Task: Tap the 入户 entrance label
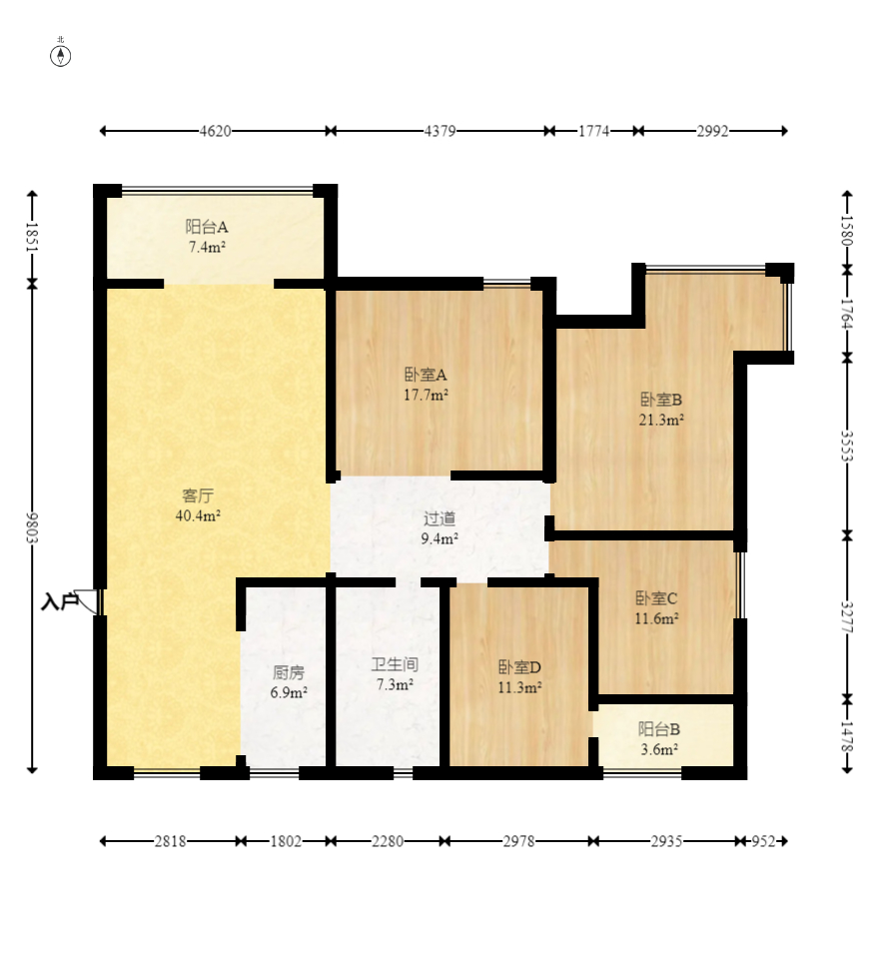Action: pyautogui.click(x=60, y=601)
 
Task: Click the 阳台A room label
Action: pyautogui.click(x=207, y=227)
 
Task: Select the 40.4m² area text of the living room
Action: pyautogui.click(x=198, y=515)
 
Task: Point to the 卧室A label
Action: pyautogui.click(x=426, y=374)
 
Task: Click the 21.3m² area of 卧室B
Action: pyautogui.click(x=661, y=420)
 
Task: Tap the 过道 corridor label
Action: pyautogui.click(x=440, y=518)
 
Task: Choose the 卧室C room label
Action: pyautogui.click(x=656, y=597)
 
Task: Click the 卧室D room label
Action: pyautogui.click(x=519, y=667)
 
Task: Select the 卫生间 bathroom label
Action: pyautogui.click(x=395, y=664)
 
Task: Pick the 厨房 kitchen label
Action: pyautogui.click(x=289, y=672)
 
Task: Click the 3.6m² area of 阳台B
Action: pyautogui.click(x=659, y=749)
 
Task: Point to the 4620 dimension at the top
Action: pyautogui.click(x=215, y=131)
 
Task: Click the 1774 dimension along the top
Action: pyautogui.click(x=593, y=131)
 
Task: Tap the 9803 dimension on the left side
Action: pyautogui.click(x=32, y=527)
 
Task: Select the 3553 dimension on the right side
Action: pyautogui.click(x=847, y=447)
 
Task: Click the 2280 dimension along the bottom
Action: pyautogui.click(x=388, y=841)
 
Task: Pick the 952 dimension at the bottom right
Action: pyautogui.click(x=763, y=841)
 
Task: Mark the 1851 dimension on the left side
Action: pyautogui.click(x=32, y=237)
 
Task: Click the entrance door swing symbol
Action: pyautogui.click(x=88, y=601)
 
